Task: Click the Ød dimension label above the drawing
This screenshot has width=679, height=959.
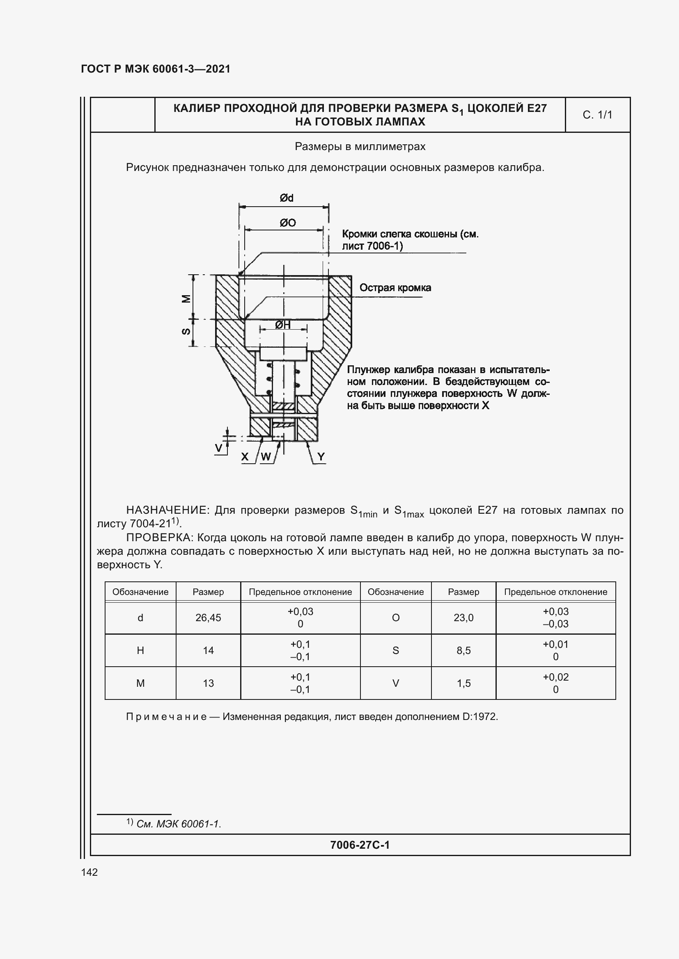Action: pos(287,198)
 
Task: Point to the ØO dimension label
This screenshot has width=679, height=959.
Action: pos(288,223)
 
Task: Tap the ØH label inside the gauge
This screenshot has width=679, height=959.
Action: pos(283,325)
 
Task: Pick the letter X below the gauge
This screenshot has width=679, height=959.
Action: pos(245,457)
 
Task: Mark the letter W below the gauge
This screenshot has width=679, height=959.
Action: pos(266,457)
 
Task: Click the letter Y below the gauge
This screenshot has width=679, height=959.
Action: pos(321,457)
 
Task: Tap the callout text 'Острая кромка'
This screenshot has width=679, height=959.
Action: pos(395,288)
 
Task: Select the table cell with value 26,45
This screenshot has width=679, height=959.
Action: pos(208,618)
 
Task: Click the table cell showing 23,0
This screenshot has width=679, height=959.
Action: pos(463,618)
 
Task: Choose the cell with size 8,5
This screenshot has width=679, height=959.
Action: pos(463,650)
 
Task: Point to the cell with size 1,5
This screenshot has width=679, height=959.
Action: pos(463,683)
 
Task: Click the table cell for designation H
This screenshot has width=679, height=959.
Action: pos(140,650)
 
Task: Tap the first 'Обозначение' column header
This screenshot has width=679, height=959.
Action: pos(140,592)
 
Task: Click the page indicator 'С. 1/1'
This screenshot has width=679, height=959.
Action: pos(597,115)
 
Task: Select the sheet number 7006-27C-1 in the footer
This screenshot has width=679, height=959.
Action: pos(360,845)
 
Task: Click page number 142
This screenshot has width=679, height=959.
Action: pos(89,872)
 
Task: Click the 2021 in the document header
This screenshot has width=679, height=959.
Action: pos(218,69)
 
